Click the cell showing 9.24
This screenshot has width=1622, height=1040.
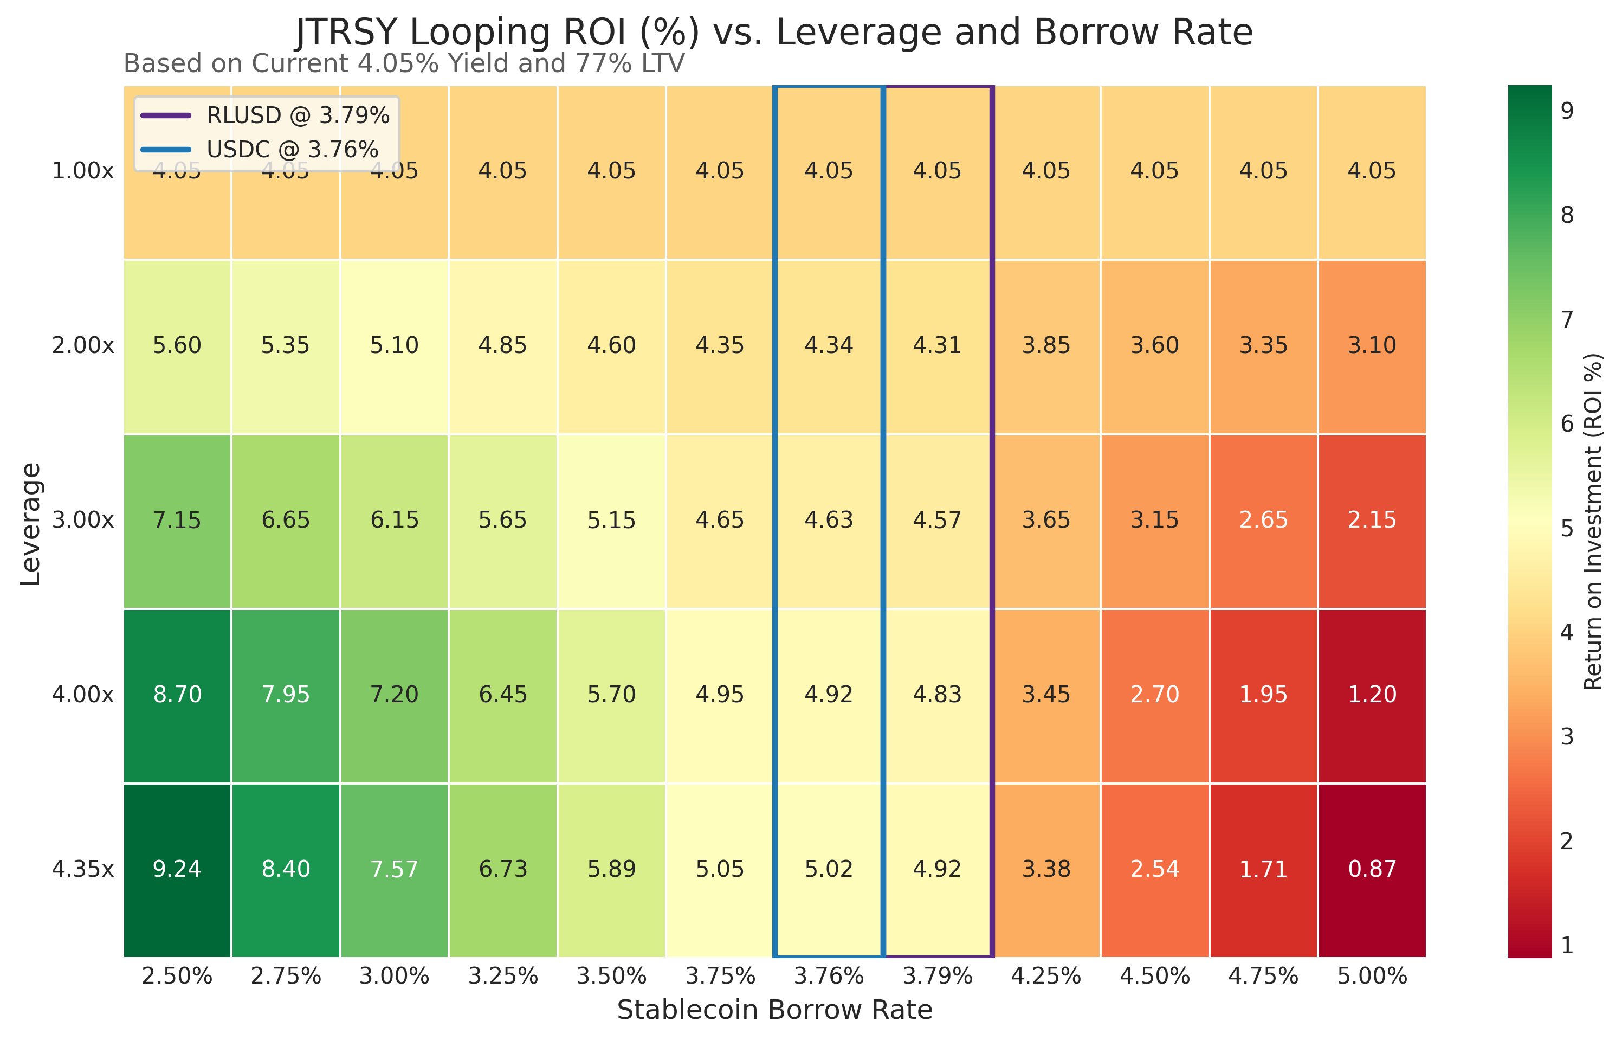(x=177, y=869)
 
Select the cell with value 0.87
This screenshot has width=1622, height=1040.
(x=1372, y=869)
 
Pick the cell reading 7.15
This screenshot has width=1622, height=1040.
(x=177, y=520)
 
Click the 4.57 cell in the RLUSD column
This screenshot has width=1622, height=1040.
(x=937, y=520)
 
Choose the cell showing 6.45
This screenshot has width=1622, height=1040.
(x=503, y=694)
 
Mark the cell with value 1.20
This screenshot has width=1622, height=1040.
(x=1372, y=694)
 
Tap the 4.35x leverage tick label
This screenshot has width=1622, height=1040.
(x=83, y=869)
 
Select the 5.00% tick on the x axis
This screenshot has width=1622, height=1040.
(x=1372, y=977)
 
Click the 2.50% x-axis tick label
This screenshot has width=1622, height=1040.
(x=177, y=977)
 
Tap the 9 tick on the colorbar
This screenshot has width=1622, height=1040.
(x=1567, y=110)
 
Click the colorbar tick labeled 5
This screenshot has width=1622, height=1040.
(x=1567, y=528)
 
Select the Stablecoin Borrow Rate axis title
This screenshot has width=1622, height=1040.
(x=774, y=1010)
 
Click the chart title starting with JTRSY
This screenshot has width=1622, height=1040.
(x=774, y=32)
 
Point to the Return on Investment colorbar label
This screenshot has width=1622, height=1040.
(x=1593, y=521)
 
